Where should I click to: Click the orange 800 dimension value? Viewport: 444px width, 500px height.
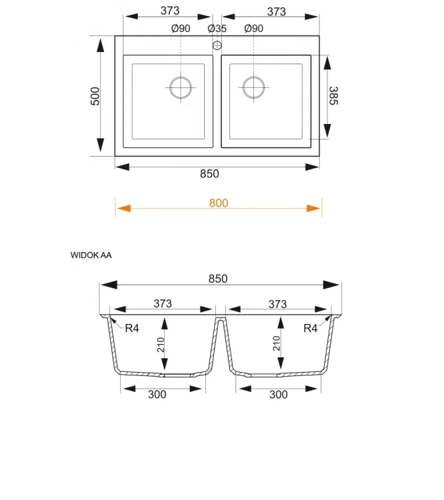coord(219,203)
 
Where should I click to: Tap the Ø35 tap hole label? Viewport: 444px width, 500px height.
coord(217,29)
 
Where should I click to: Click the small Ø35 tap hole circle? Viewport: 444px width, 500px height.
coord(217,45)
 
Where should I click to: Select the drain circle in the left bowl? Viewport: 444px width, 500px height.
coord(181,87)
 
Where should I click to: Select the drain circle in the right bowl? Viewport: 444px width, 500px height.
coord(253,87)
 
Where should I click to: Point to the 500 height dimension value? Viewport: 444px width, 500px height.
coord(95,96)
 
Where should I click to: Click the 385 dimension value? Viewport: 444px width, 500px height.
coord(333,95)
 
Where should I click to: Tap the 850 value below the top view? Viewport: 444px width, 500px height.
coord(209,174)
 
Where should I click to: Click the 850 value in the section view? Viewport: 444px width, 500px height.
coord(218,279)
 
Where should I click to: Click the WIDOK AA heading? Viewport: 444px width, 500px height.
coord(91,255)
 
